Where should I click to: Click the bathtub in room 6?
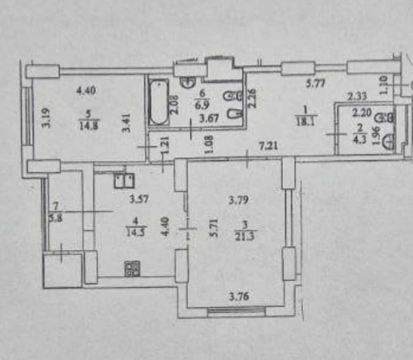159,102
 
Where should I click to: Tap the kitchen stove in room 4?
132,269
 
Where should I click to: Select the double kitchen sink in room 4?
124,181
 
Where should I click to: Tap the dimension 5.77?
315,84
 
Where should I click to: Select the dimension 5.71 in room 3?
215,229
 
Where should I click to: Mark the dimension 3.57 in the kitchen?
140,199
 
